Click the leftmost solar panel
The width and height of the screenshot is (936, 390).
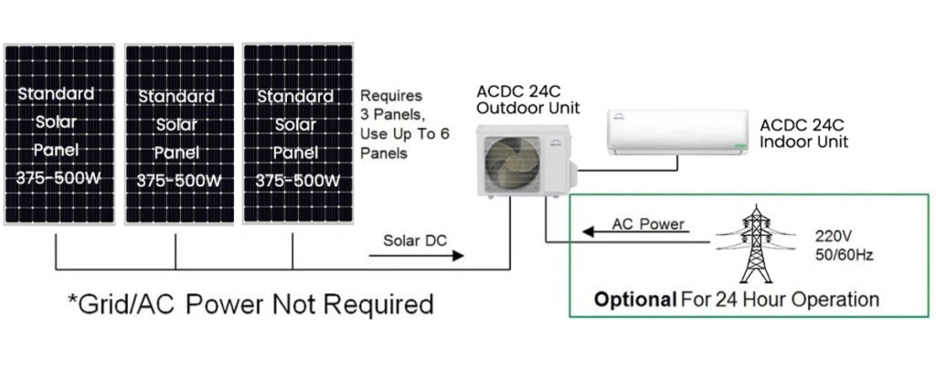(x=59, y=134)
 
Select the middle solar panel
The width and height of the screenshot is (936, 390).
(x=180, y=134)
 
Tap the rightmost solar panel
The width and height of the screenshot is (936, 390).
(x=297, y=133)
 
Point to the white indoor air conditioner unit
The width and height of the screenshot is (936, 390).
(x=677, y=132)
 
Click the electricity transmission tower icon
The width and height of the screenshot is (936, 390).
(x=756, y=244)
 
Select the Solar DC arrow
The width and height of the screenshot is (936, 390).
(x=416, y=256)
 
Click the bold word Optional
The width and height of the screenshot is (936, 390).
(x=635, y=300)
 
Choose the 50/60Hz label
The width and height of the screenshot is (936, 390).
(x=844, y=255)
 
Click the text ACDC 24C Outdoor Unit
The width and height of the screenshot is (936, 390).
(x=527, y=100)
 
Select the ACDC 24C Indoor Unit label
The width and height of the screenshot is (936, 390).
(x=803, y=133)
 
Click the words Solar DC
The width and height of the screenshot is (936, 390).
(x=415, y=240)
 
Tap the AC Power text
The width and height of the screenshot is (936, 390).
(x=648, y=224)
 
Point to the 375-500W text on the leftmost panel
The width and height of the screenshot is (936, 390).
(x=58, y=178)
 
